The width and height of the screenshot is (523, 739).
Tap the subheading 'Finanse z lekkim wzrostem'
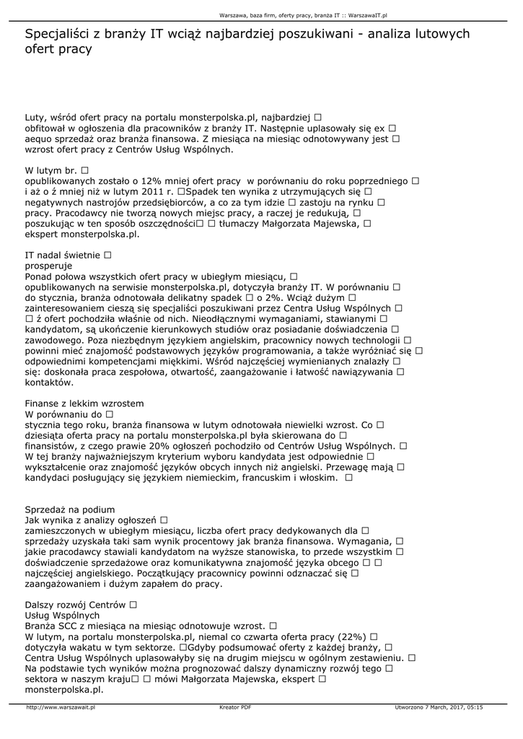click(x=84, y=403)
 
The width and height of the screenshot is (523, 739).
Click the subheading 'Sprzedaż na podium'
click(x=69, y=508)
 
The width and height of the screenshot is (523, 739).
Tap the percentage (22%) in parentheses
click(x=351, y=637)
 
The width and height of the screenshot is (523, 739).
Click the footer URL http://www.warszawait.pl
click(x=61, y=707)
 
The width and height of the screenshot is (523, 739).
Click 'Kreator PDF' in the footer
click(x=235, y=707)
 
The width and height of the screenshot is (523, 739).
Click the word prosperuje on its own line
click(x=48, y=266)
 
